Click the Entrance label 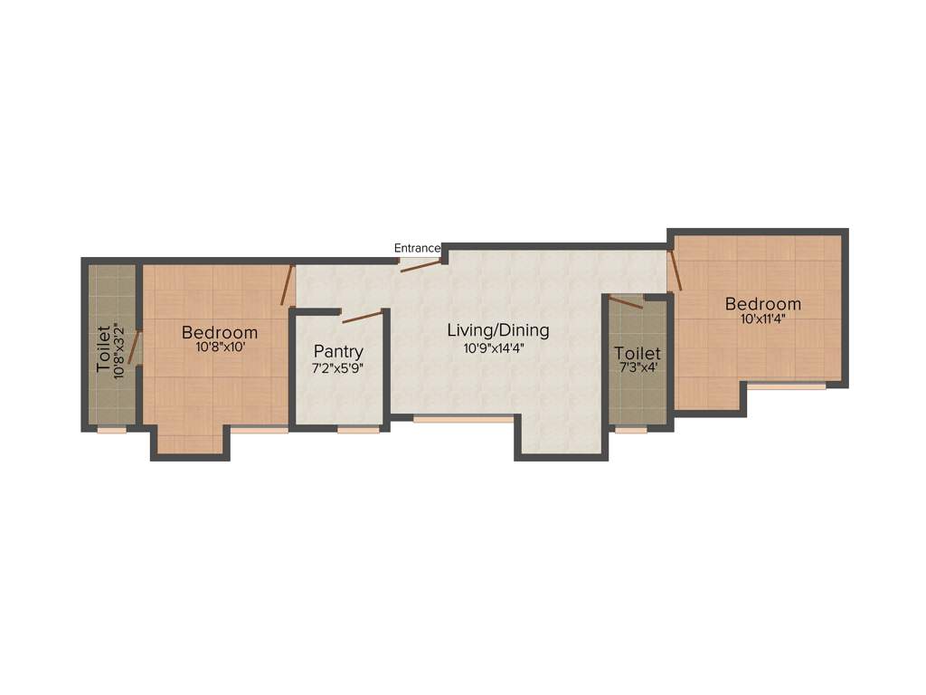(417, 248)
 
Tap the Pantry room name (338, 351)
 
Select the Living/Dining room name (498, 330)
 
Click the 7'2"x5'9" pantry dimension (337, 368)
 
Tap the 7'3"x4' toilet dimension (638, 368)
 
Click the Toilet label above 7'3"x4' (638, 353)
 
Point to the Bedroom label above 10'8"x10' (220, 332)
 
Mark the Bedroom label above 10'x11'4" (763, 304)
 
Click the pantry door (362, 317)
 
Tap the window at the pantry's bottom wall (358, 430)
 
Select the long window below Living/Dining (463, 419)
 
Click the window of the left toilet (112, 430)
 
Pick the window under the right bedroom (786, 386)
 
